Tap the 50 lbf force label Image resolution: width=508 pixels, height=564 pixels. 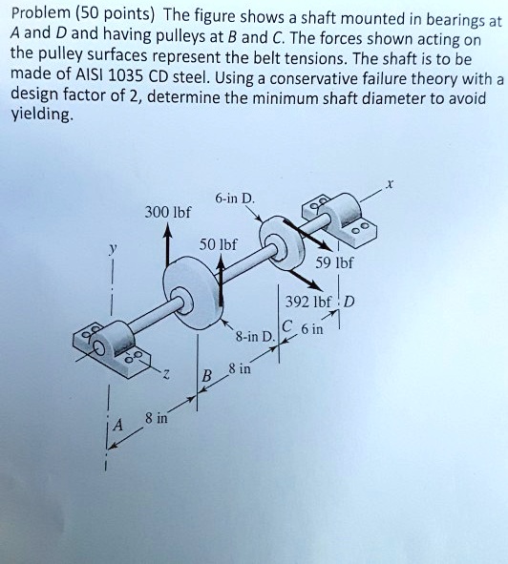click(218, 245)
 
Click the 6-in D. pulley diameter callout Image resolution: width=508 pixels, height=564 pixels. click(235, 198)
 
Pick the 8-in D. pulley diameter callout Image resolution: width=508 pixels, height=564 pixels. click(255, 337)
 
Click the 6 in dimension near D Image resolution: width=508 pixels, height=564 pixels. click(312, 330)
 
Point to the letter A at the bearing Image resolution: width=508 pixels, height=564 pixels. click(119, 427)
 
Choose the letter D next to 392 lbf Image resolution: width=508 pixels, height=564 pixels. click(349, 303)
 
